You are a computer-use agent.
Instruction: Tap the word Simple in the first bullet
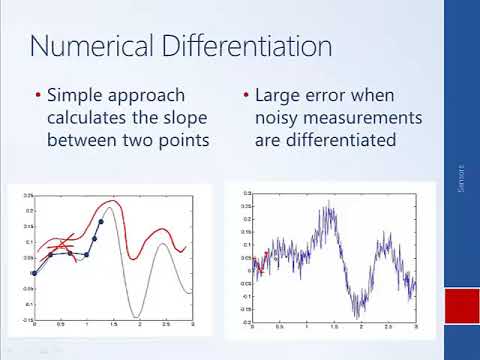click(x=79, y=96)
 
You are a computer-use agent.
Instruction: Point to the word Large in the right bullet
click(x=279, y=96)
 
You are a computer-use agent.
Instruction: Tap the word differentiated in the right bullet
click(x=336, y=141)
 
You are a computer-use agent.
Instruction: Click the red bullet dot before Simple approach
click(x=38, y=97)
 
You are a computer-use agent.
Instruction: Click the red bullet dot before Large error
click(x=246, y=97)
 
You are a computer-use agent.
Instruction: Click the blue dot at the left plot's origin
click(x=34, y=273)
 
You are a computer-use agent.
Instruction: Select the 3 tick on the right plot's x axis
click(x=415, y=326)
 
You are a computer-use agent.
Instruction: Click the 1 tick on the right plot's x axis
click(x=306, y=326)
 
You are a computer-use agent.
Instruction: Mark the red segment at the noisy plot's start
click(x=258, y=264)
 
